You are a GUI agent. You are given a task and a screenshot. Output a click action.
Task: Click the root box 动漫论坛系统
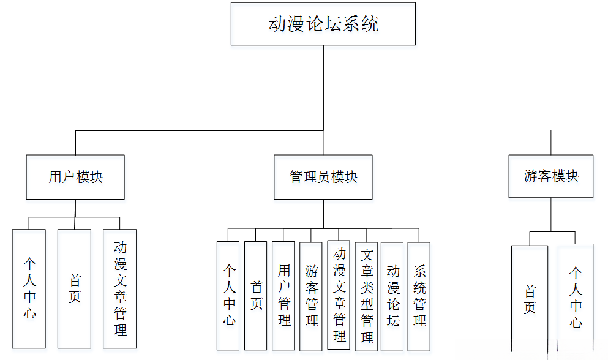click(x=323, y=24)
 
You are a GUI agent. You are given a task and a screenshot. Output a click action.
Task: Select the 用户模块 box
click(x=75, y=177)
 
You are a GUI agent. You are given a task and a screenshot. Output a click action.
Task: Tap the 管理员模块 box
click(x=323, y=177)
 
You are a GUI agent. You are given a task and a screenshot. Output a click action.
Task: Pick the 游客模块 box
click(x=550, y=176)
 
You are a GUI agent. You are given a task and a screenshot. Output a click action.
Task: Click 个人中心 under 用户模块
click(x=29, y=288)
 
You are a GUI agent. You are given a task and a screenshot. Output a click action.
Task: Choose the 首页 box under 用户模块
click(x=74, y=288)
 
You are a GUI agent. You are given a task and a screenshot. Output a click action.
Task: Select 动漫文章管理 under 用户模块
click(x=120, y=288)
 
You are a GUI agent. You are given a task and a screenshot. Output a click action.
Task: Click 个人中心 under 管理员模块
click(x=228, y=296)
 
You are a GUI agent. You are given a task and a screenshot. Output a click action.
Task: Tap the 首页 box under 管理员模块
click(x=255, y=296)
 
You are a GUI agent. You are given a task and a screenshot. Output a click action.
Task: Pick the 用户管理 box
click(x=283, y=296)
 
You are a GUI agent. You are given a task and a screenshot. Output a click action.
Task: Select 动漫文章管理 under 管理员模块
click(x=339, y=294)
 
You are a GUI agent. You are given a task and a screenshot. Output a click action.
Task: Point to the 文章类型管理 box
click(x=366, y=296)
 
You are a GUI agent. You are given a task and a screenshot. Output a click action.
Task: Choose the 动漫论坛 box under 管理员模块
click(x=392, y=296)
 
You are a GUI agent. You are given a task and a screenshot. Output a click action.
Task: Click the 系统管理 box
click(x=419, y=296)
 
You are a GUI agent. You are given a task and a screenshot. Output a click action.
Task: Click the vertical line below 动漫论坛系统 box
click(x=323, y=86)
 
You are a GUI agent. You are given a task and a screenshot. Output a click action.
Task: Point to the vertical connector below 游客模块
click(x=550, y=214)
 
